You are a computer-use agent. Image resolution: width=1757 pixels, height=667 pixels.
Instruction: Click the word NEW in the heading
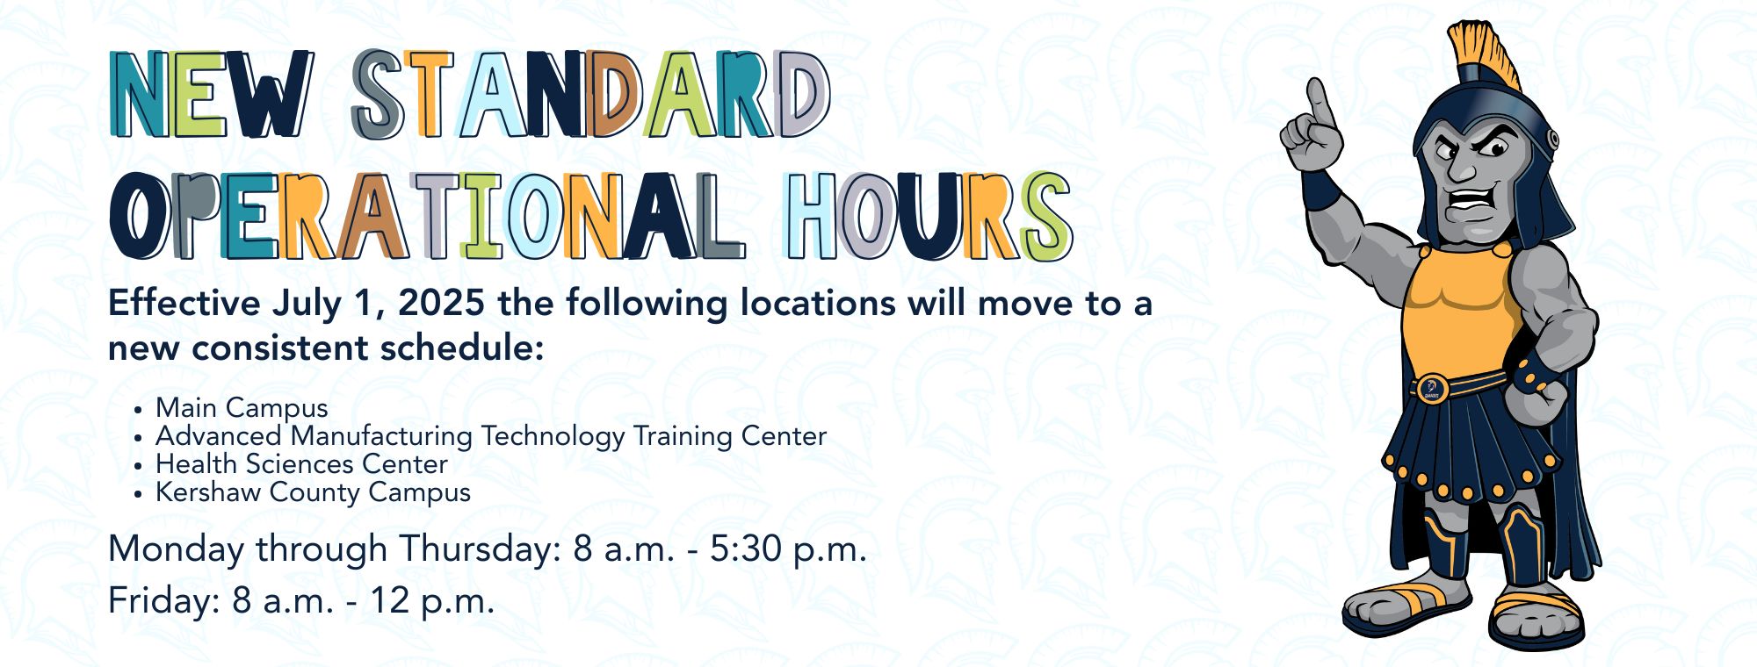tap(212, 94)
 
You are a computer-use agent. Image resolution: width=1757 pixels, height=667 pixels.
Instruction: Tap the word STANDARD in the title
tap(591, 94)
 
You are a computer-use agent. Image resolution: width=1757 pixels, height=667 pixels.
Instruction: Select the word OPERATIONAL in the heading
tap(428, 215)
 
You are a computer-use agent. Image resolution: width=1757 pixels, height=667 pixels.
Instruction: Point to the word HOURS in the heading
tap(929, 215)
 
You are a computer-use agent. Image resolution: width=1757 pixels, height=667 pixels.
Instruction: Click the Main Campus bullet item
tap(242, 408)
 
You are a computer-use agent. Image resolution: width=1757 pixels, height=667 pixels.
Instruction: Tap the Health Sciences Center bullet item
tap(301, 463)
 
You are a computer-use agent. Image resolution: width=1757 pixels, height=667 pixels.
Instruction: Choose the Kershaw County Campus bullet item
tap(313, 492)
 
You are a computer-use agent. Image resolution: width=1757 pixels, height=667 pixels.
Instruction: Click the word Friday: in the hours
tap(163, 601)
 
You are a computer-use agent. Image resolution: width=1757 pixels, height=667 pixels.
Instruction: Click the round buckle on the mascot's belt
tap(1431, 387)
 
